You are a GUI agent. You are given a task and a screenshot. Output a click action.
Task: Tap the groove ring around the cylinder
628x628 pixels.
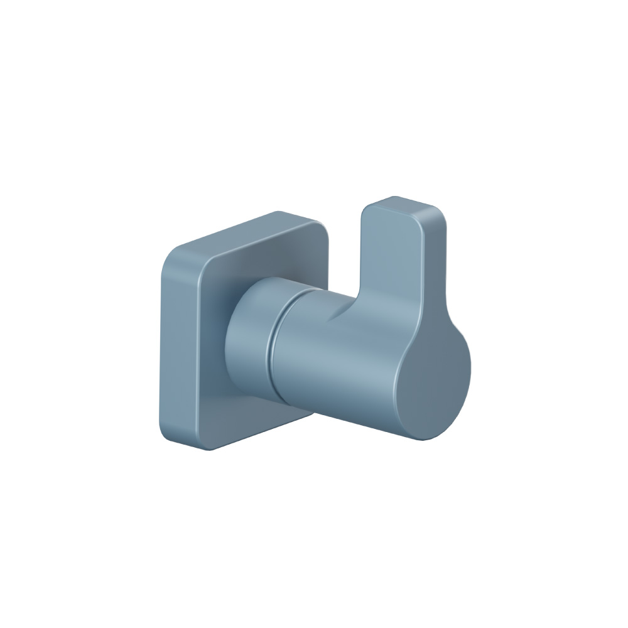click(273, 342)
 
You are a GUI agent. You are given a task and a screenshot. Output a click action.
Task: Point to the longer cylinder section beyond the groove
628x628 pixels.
click(314, 352)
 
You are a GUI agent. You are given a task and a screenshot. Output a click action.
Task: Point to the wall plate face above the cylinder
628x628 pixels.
click(251, 264)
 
